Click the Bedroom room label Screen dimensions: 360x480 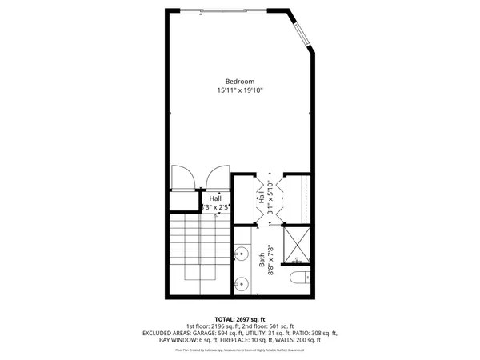tap(239, 82)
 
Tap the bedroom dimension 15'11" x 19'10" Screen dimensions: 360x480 tap(239, 91)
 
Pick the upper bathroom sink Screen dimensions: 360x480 tap(240, 256)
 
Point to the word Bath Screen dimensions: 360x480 tap(262, 259)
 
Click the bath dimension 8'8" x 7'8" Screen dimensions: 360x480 tap(271, 259)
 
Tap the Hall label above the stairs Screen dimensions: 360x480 tap(215, 198)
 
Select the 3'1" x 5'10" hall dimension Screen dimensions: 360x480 tap(271, 198)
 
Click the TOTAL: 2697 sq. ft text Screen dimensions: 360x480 tap(239, 318)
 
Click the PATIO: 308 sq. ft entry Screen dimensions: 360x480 tap(313, 333)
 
